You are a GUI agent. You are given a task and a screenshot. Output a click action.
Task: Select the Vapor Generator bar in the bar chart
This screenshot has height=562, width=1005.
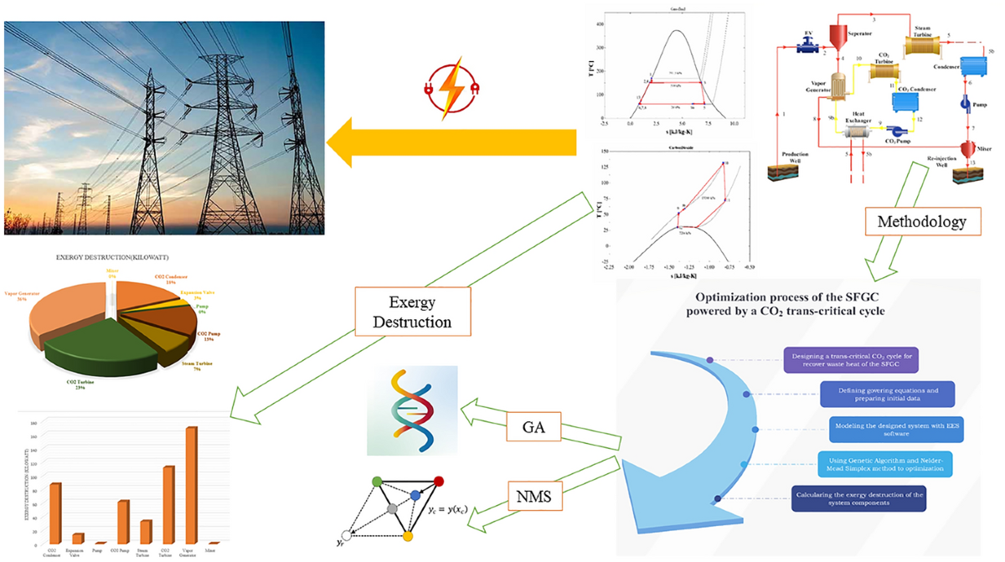click(x=191, y=485)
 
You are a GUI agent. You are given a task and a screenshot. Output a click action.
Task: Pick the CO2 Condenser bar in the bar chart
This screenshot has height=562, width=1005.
click(x=55, y=513)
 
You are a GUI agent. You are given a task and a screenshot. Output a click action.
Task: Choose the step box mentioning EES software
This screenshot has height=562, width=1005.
click(x=889, y=429)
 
